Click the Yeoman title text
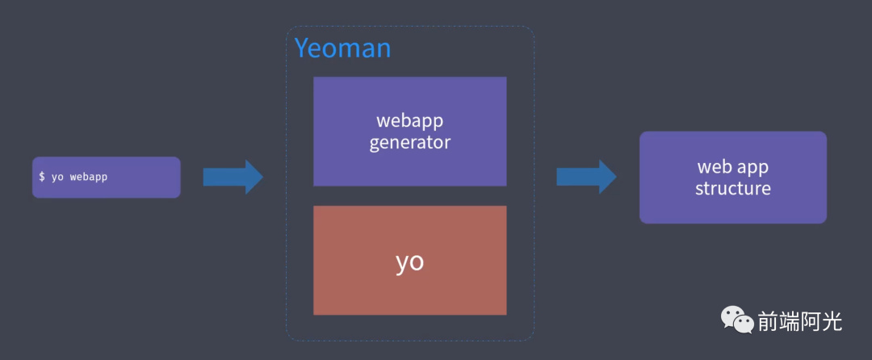coord(342,49)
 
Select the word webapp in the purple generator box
coord(410,122)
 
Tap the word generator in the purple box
coord(410,143)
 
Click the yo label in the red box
coord(410,262)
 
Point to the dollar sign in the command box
coord(42,177)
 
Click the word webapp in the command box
coord(89,178)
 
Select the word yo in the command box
coord(57,178)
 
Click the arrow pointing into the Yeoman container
coord(233,178)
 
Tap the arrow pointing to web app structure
coord(587,177)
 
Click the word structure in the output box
coord(733,188)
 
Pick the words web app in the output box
coord(733,166)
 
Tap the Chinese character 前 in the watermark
coord(768,322)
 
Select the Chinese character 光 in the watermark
coord(832,322)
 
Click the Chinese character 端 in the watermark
coord(789,322)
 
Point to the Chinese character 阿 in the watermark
coord(811,322)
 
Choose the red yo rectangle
coord(410,261)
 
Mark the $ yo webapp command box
coord(107,178)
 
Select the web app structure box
coord(733,178)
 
